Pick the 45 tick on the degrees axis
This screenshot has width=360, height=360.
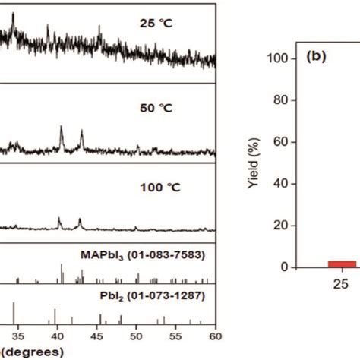coord(97,332)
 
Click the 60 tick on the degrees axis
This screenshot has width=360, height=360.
coord(216,332)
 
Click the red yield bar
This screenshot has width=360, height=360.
coord(321,264)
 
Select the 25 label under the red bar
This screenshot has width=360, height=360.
coord(321,286)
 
